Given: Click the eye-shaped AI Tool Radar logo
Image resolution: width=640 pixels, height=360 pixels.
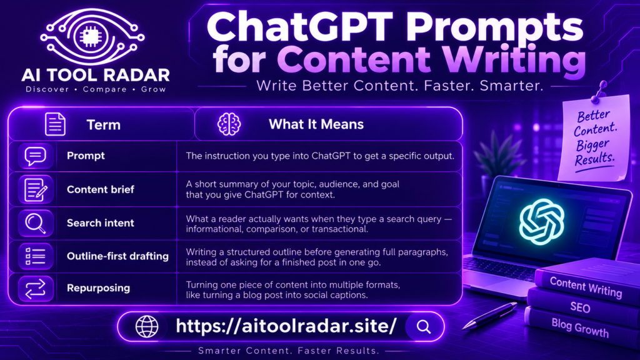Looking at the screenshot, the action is [92, 37].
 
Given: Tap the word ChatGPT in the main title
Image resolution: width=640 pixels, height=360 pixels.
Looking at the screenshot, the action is [299, 27].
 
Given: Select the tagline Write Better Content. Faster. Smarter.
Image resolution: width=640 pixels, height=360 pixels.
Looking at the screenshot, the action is [399, 86].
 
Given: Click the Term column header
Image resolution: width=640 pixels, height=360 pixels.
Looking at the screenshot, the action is [103, 124].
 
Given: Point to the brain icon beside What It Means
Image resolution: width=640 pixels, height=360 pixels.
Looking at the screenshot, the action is [229, 124].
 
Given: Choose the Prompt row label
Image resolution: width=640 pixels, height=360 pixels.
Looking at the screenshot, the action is [86, 156].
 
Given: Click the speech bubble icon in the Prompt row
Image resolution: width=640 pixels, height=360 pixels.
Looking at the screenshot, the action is [36, 156].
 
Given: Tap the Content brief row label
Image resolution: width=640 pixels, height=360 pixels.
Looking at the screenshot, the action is [101, 189].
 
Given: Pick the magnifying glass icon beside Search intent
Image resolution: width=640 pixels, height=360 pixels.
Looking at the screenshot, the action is [36, 224].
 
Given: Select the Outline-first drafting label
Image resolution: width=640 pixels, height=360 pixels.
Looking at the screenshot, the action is [117, 256].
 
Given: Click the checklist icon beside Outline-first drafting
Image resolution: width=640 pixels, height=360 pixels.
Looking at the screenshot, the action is [36, 256].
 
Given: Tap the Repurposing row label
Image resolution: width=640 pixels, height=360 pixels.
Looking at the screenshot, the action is [98, 288].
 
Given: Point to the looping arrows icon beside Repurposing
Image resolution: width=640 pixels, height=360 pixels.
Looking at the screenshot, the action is [36, 289].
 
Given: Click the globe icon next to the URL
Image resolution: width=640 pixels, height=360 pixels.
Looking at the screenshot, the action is [147, 326].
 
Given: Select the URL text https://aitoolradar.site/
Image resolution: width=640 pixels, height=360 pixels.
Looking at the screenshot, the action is [286, 326].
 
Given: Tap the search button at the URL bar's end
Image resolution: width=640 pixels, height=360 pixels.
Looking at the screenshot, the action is [424, 326].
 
